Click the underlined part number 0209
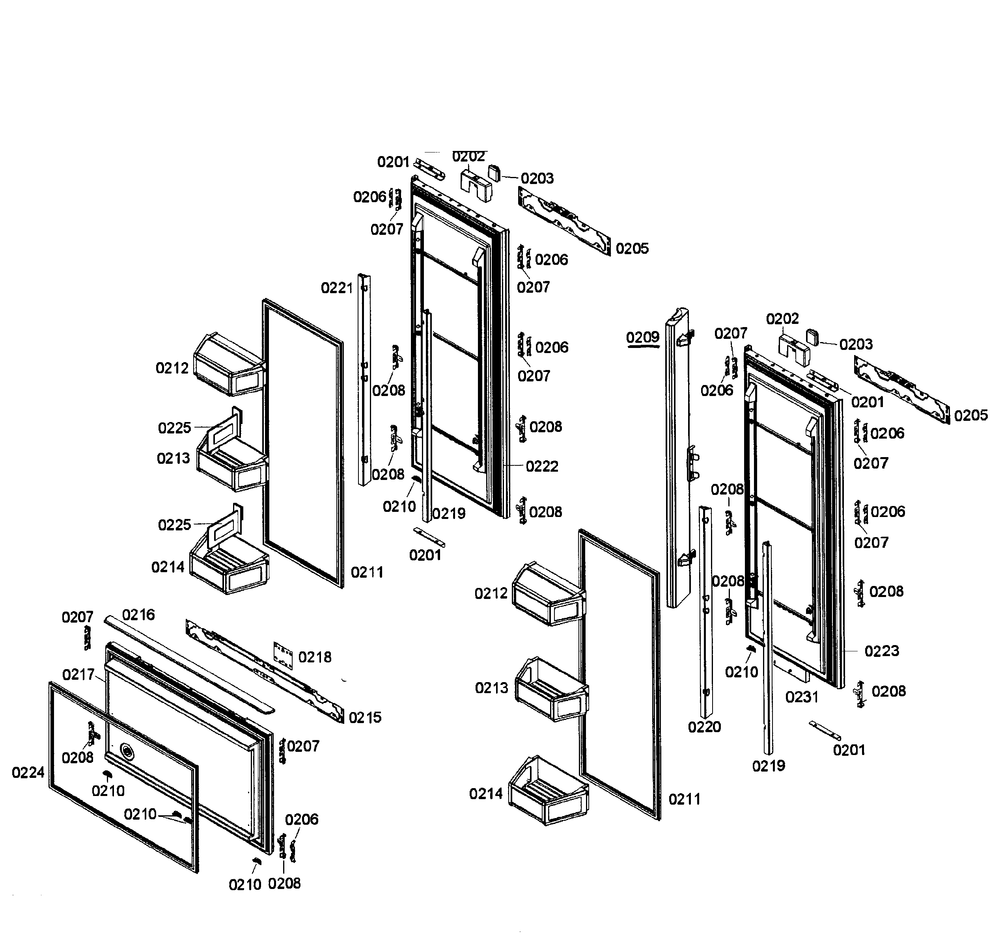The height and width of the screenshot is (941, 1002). pyautogui.click(x=643, y=337)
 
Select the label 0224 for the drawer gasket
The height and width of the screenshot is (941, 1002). pyautogui.click(x=28, y=772)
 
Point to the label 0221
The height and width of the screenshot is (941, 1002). pyautogui.click(x=337, y=288)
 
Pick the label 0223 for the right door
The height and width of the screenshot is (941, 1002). pyautogui.click(x=882, y=651)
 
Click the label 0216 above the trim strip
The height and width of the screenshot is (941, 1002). pyautogui.click(x=138, y=615)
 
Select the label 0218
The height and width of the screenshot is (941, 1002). pyautogui.click(x=315, y=657)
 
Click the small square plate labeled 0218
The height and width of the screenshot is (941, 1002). pyautogui.click(x=283, y=656)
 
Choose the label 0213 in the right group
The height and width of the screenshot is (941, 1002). pyautogui.click(x=491, y=688)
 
